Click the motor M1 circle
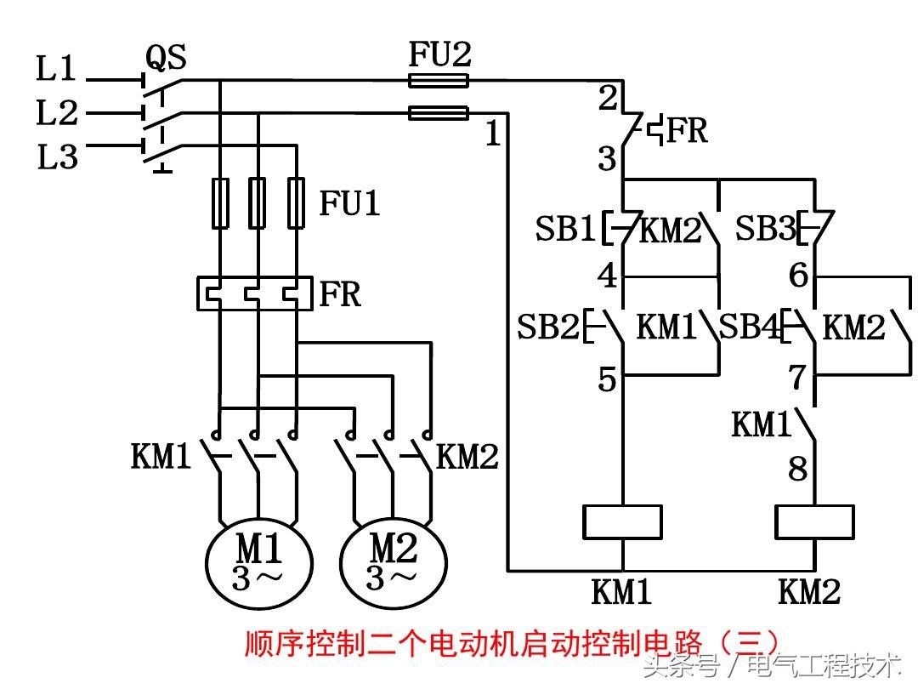pos(258,561)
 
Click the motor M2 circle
pos(393,561)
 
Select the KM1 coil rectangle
pos(623,521)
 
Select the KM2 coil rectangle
pos(814,521)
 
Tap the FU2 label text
pos(439,55)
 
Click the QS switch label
pos(166,58)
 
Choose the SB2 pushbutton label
pos(548,327)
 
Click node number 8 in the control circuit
pos(797,469)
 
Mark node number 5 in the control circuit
pos(606,379)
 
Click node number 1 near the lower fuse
pos(493,134)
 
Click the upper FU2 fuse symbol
pos(438,81)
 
